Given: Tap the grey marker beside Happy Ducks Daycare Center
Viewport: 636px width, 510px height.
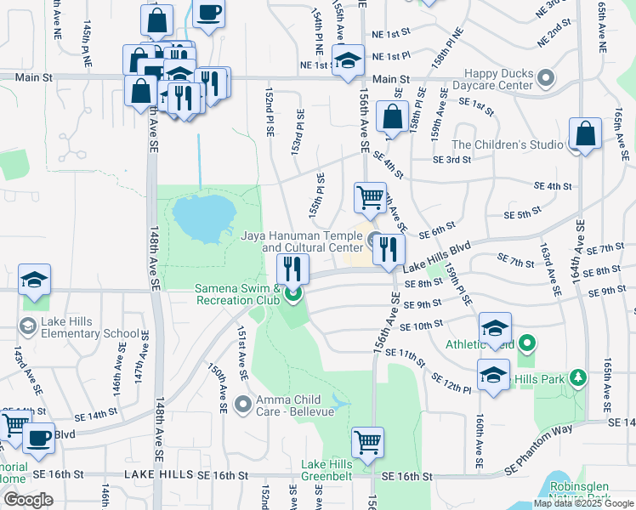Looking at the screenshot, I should click(x=547, y=80).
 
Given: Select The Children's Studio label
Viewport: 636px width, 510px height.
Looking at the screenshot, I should click(x=507, y=145).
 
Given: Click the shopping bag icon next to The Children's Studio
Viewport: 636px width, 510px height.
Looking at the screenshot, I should click(x=586, y=134).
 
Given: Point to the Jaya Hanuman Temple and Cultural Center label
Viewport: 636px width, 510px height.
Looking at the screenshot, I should click(x=302, y=241).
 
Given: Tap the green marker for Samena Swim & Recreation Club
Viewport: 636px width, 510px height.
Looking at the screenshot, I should click(x=293, y=295).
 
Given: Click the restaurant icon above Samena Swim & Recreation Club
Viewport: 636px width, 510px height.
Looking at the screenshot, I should click(x=292, y=269).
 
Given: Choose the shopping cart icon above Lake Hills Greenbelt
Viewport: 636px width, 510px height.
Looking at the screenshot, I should click(x=368, y=441).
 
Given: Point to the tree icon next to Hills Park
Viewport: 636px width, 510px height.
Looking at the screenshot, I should click(x=579, y=376).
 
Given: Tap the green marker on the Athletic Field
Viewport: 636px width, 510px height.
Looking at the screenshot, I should click(x=527, y=345).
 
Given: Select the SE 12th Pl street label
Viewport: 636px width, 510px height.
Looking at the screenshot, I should click(x=451, y=382).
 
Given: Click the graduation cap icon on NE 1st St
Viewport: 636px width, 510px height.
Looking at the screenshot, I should click(x=347, y=61).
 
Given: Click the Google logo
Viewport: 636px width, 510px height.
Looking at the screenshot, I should click(x=28, y=499).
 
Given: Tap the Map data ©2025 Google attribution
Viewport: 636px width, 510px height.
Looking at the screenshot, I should click(x=582, y=503).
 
